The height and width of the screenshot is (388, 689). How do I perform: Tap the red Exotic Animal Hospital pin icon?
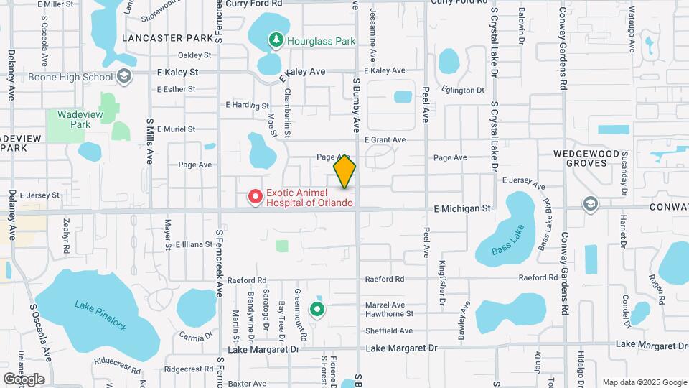(254, 196)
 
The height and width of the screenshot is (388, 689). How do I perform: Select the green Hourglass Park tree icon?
(275, 40)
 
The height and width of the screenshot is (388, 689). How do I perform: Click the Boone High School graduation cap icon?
(124, 75)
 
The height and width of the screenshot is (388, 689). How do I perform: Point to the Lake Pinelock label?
(100, 315)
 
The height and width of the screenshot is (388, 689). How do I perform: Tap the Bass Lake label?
(508, 242)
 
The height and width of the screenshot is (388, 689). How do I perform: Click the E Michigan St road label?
(462, 208)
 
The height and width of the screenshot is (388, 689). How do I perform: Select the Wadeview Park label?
(70, 119)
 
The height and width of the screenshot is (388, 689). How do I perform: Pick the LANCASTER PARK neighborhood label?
(167, 37)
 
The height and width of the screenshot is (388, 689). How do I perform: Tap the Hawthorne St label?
(390, 314)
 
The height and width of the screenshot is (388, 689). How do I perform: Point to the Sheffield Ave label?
(390, 331)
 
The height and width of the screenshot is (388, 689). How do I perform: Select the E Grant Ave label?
(385, 140)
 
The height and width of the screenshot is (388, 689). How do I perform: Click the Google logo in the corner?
(24, 379)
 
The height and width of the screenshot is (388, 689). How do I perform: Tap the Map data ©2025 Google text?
(644, 382)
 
